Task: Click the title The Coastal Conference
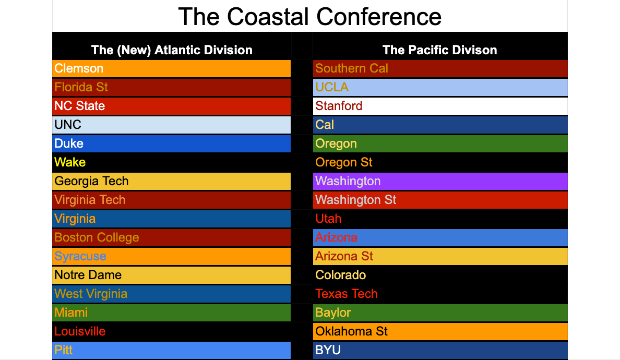(309, 17)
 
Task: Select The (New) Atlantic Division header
(172, 50)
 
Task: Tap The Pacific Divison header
(440, 50)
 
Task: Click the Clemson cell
(171, 68)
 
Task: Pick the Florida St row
(171, 87)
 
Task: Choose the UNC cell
(171, 125)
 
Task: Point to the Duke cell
(171, 143)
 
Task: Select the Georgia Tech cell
(171, 181)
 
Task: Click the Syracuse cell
(171, 256)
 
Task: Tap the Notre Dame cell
(171, 275)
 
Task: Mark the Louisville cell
(171, 331)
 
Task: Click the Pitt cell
(171, 350)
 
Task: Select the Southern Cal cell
(440, 68)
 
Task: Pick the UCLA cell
(440, 87)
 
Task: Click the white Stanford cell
(440, 106)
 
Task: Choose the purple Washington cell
(440, 181)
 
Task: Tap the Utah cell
(440, 219)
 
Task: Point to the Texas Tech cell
(440, 294)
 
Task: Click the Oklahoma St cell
(440, 331)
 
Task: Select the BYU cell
(440, 350)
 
